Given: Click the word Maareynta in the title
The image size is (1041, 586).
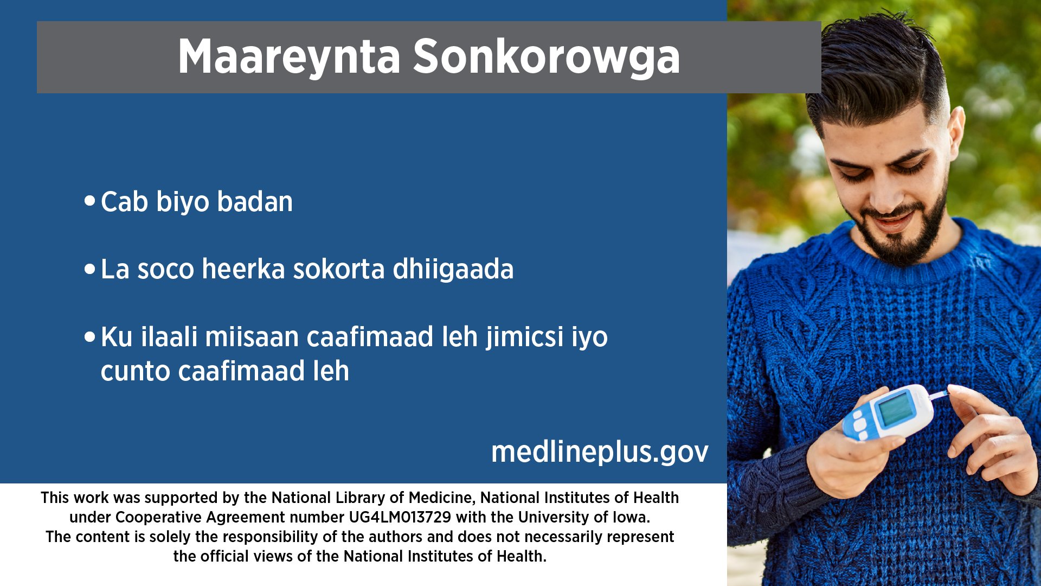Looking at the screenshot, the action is click(x=289, y=57).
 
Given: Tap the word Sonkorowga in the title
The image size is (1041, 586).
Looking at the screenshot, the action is click(x=547, y=57).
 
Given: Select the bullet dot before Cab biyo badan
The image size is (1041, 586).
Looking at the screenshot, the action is click(x=90, y=201).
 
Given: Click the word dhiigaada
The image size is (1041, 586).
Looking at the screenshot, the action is click(x=453, y=270).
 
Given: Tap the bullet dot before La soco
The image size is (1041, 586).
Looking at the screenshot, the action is click(x=90, y=269).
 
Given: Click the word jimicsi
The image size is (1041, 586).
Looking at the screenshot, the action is click(x=525, y=337).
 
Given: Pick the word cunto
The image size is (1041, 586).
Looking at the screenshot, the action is click(x=136, y=371).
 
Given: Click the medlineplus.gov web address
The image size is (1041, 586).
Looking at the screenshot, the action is click(x=600, y=452).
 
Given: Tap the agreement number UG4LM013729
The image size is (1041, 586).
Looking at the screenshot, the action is click(x=400, y=517).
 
